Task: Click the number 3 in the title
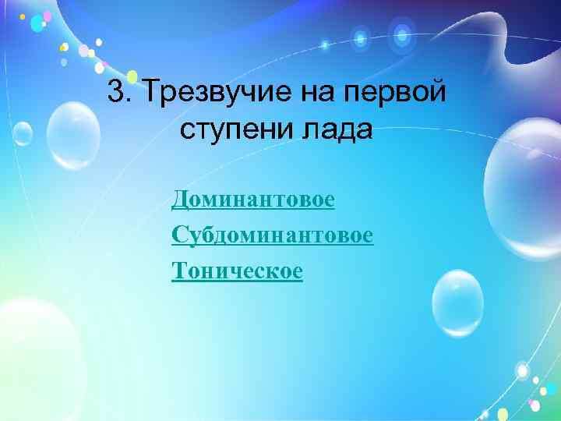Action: coord(116,93)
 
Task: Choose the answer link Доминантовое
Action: coord(253,200)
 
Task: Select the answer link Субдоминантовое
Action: coord(273,235)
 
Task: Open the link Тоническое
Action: coord(237,271)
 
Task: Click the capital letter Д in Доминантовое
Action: coord(179,200)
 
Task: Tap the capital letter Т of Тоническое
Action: coord(178,271)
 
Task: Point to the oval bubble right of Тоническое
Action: coord(458,303)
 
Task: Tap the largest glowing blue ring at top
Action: coord(402,34)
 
